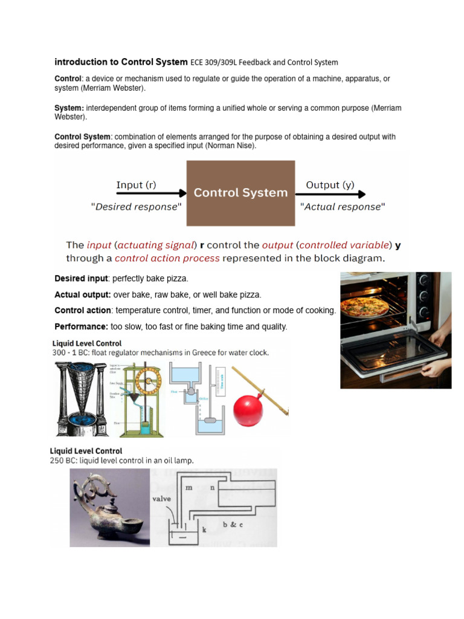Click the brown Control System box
(240, 193)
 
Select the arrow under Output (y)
(330, 194)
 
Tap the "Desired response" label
(136, 207)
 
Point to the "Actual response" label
(343, 207)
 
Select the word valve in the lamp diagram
(161, 499)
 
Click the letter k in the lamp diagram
(204, 530)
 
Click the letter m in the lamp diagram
(188, 487)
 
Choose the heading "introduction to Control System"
(121, 62)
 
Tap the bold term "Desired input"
(82, 279)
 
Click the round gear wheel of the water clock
(147, 380)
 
